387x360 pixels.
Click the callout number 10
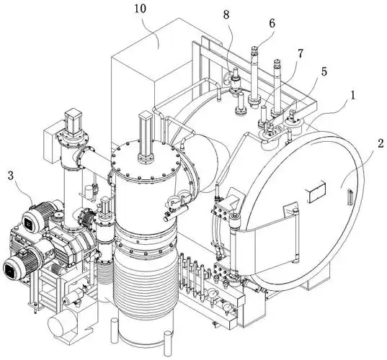(x=141, y=9)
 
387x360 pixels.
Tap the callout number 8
(x=226, y=15)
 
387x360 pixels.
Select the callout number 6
(x=272, y=24)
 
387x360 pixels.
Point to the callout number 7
(x=300, y=53)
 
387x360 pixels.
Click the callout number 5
(x=324, y=71)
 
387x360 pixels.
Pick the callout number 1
(x=353, y=96)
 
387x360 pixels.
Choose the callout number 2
(x=381, y=143)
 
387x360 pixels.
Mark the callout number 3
(x=11, y=176)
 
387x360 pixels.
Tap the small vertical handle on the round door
(x=350, y=197)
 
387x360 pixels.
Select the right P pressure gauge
(x=184, y=198)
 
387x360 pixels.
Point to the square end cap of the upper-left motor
(x=30, y=223)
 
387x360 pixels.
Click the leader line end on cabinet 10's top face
(x=159, y=48)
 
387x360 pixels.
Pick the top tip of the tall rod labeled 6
(x=254, y=48)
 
